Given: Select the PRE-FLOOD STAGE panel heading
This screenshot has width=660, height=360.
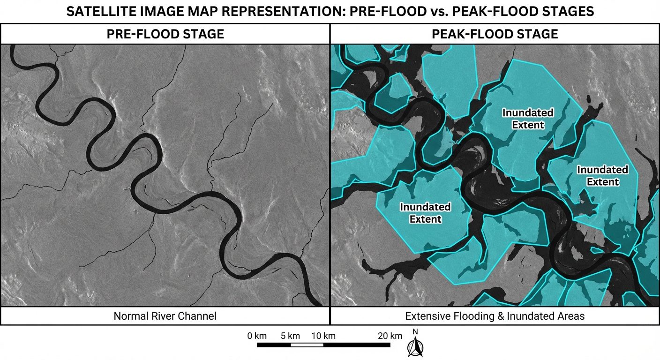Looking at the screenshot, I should click(x=165, y=34).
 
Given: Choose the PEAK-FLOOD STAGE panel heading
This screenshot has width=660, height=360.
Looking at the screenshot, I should click(x=495, y=34).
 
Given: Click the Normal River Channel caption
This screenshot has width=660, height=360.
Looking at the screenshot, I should click(x=165, y=316).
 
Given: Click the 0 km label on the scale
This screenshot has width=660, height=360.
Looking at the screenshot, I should click(x=257, y=336).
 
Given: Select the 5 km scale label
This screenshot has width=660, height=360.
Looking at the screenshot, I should click(x=291, y=336).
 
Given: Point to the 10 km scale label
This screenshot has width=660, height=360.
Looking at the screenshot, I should click(x=323, y=336).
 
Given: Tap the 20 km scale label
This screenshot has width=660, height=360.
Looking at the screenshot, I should click(x=390, y=336).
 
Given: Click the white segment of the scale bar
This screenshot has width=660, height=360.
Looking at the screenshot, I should click(x=307, y=345).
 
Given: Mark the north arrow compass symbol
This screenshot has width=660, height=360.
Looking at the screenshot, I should click(x=414, y=347).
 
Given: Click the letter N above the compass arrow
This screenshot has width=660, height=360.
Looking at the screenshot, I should click(x=415, y=332).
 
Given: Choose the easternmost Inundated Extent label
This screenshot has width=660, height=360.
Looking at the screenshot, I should click(x=602, y=175).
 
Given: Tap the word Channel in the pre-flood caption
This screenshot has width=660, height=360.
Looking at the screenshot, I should click(x=199, y=316).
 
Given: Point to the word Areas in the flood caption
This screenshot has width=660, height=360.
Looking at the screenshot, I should click(x=571, y=316).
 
